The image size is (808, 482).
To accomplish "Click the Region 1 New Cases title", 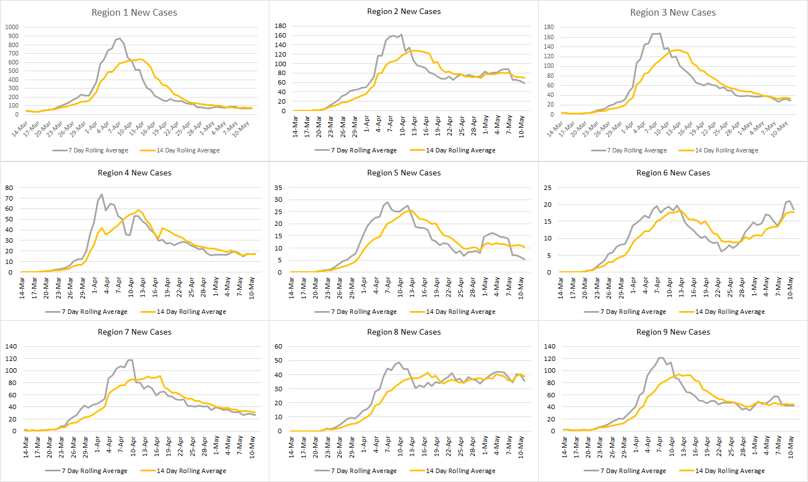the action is pyautogui.click(x=134, y=12).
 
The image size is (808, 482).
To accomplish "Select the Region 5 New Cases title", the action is pyautogui.click(x=403, y=173).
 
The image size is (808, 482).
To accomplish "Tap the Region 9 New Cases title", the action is pyautogui.click(x=673, y=332).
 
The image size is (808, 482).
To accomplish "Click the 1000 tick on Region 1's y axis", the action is pyautogui.click(x=12, y=27).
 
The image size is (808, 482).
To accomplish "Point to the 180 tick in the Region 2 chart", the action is pyautogui.click(x=281, y=26).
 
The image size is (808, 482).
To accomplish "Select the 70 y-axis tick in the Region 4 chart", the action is pyautogui.click(x=9, y=198).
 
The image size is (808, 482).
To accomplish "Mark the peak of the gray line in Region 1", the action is pyautogui.click(x=120, y=38).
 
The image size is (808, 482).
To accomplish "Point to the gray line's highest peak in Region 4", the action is pyautogui.click(x=102, y=194).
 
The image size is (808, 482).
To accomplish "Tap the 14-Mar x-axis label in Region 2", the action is pyautogui.click(x=295, y=127).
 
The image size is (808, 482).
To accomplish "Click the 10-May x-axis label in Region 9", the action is pyautogui.click(x=790, y=447).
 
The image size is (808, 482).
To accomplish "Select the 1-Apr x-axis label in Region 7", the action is pyautogui.click(x=97, y=445).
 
